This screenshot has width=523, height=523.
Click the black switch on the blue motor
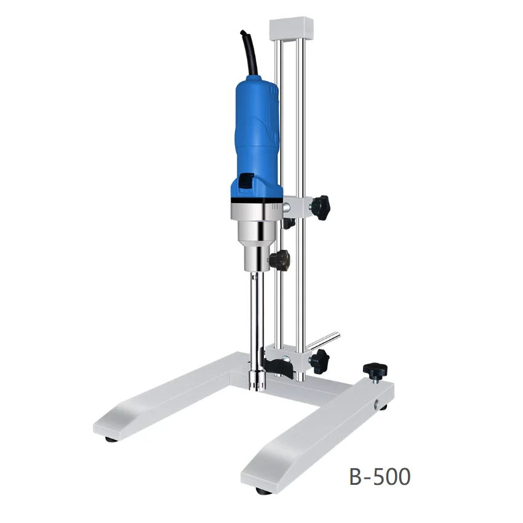(246, 181)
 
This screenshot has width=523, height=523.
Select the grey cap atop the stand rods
(291, 27)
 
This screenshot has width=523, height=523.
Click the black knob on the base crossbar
(373, 370)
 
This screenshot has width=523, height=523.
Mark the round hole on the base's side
(377, 404)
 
